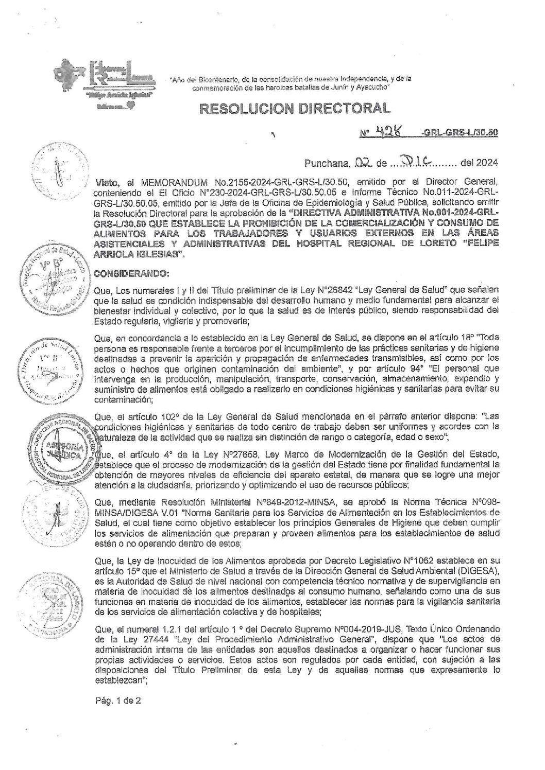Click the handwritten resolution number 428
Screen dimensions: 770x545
tap(384, 132)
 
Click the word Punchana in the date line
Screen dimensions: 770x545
tap(326, 164)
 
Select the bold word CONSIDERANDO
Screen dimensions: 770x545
tap(125, 272)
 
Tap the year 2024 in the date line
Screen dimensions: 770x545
tap(486, 164)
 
